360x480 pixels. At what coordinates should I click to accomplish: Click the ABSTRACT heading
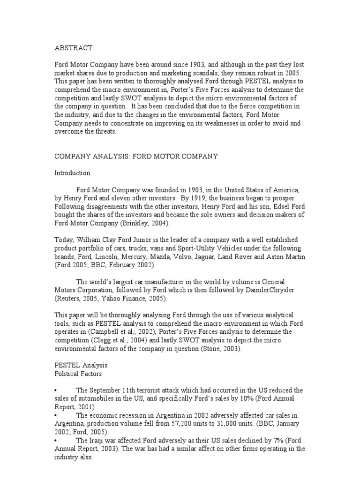tap(74, 47)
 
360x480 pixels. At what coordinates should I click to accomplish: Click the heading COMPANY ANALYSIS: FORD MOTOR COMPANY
tap(136, 156)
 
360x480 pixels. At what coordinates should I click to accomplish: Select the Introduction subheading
tap(73, 173)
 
